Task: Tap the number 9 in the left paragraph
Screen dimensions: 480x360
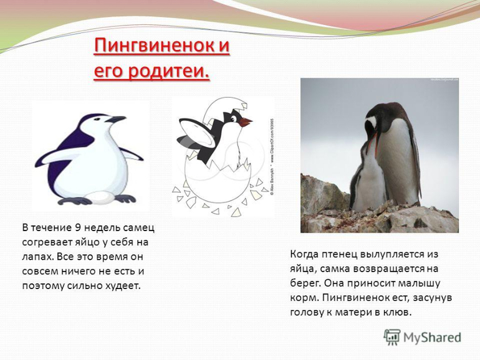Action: [77, 228]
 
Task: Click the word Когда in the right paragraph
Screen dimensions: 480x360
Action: [303, 255]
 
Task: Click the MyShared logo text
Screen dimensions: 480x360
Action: [432, 338]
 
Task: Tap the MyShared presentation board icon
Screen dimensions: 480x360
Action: [392, 338]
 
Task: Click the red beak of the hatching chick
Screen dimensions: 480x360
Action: [246, 122]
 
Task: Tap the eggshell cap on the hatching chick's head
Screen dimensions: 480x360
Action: [225, 111]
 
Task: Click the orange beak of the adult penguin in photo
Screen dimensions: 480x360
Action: [371, 143]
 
